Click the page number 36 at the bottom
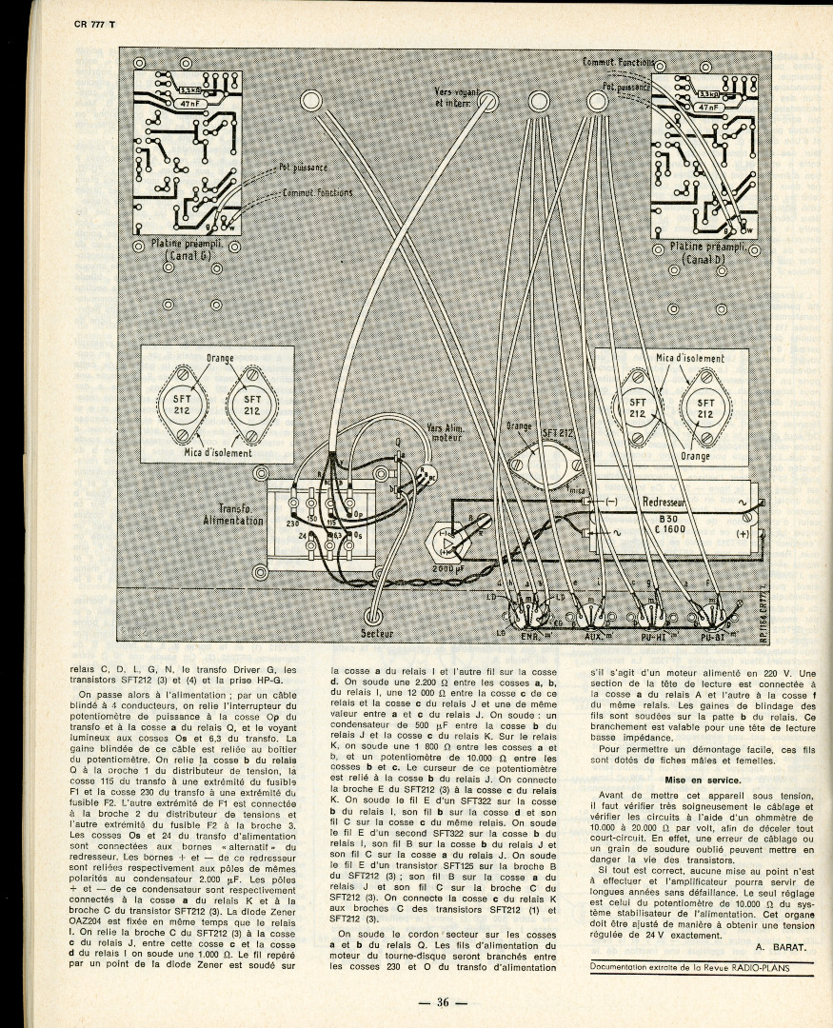444,1001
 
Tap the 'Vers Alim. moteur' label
446,434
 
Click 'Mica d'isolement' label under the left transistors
218,454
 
